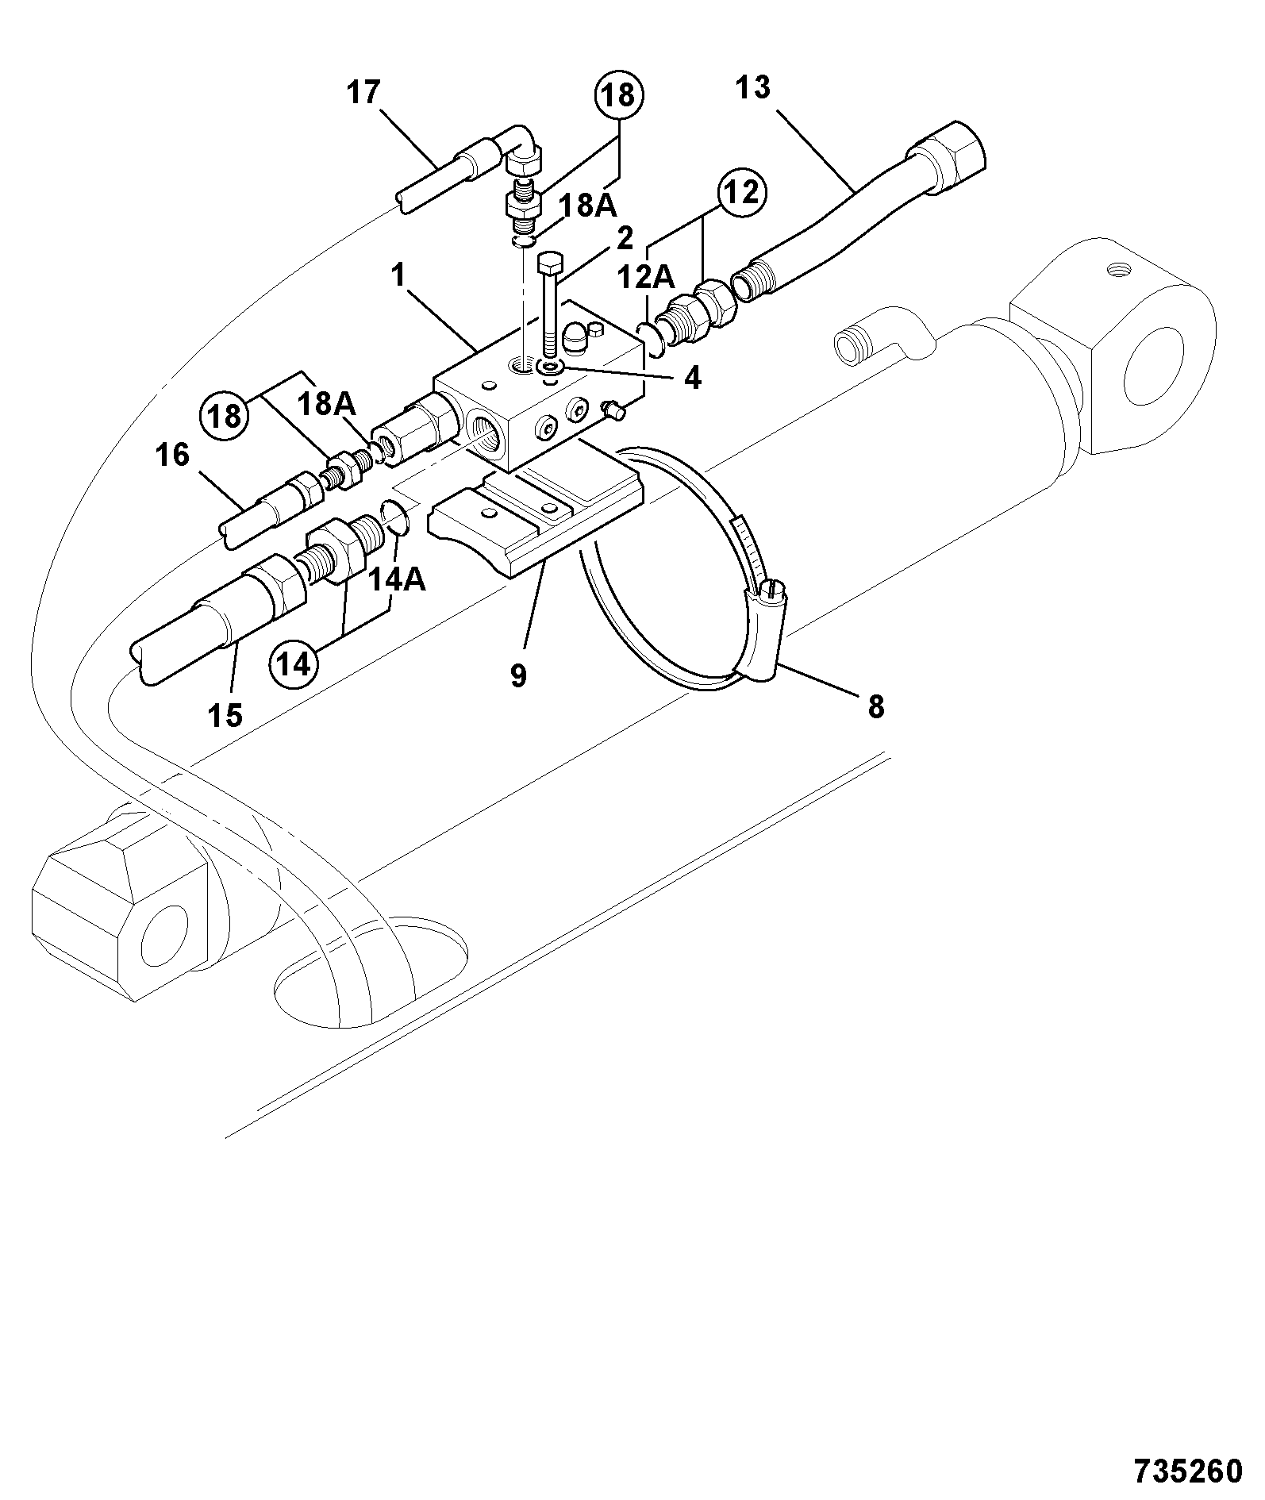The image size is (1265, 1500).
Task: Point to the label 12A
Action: (646, 278)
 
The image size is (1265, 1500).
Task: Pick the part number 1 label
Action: (398, 276)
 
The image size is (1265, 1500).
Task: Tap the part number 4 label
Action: (692, 379)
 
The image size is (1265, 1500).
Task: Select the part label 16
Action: (174, 456)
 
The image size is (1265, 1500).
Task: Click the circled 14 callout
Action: (294, 663)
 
